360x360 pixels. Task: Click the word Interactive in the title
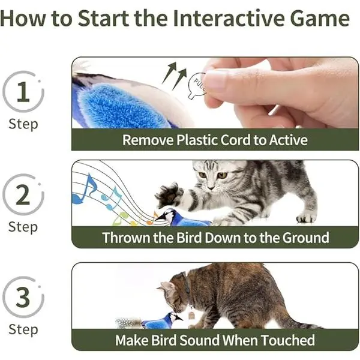(229, 18)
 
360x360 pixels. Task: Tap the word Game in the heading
(320, 18)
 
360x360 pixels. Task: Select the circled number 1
(23, 92)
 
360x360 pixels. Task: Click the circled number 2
(23, 194)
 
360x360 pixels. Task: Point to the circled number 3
(23, 298)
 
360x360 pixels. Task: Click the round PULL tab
(197, 85)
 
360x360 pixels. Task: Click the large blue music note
(84, 190)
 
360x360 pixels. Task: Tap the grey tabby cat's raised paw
(169, 194)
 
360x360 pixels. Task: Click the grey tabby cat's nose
(211, 188)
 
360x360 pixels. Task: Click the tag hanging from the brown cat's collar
(191, 314)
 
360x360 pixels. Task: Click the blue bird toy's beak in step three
(179, 318)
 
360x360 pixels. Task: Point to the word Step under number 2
(23, 227)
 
